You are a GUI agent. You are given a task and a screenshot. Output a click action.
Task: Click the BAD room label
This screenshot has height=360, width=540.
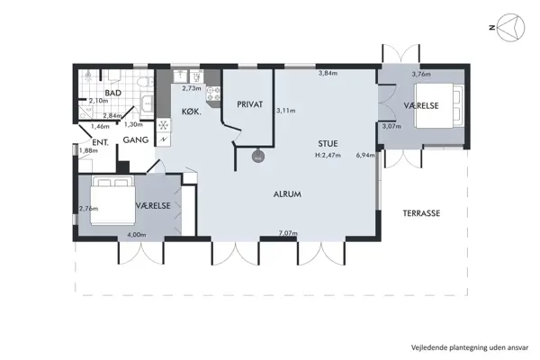(112, 93)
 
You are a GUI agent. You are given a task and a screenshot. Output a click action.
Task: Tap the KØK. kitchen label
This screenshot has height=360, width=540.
(190, 112)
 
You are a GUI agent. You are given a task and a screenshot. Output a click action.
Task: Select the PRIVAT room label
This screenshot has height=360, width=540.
(249, 105)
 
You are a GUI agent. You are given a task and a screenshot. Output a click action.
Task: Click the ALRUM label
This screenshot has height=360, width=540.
(287, 194)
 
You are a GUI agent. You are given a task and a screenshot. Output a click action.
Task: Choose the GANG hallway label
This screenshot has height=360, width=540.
(135, 141)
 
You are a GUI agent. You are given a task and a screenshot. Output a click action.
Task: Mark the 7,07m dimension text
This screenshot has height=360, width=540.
(288, 233)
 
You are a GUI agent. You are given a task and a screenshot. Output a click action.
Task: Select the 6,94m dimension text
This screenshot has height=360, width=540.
(365, 156)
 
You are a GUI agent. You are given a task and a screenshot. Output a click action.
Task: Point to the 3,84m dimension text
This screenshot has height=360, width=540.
(328, 74)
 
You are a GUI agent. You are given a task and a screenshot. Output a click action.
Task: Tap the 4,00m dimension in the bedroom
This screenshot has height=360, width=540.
(136, 235)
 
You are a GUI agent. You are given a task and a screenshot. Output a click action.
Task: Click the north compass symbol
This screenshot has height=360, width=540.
(510, 28)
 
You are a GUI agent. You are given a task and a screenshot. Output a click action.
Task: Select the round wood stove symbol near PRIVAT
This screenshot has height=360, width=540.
(257, 155)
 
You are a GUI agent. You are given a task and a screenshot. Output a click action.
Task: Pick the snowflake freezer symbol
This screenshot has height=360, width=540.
(164, 125)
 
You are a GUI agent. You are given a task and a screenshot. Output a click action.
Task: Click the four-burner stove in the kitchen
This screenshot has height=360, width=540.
(212, 89)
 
